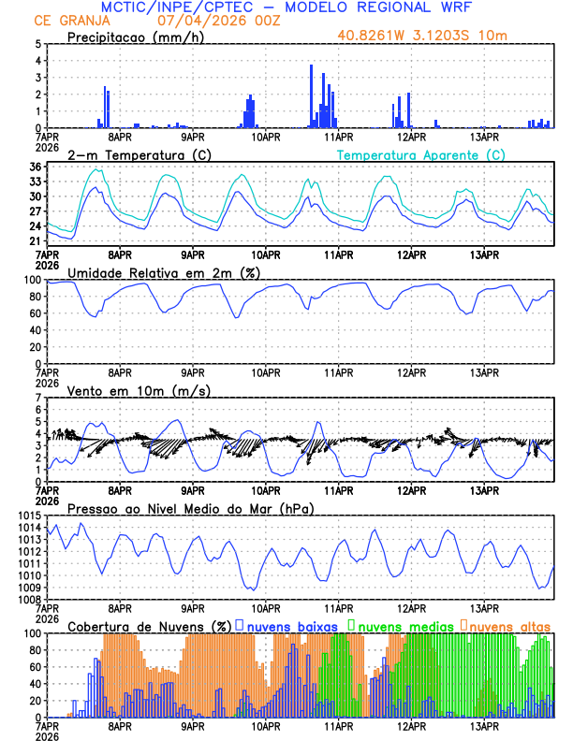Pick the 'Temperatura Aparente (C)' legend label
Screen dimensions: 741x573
[x=420, y=154]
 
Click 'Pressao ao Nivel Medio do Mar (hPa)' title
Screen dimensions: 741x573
[x=190, y=508]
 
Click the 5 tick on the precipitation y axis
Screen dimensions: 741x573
[x=37, y=43]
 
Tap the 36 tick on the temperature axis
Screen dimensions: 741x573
[x=35, y=167]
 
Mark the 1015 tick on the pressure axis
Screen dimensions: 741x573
[x=28, y=516]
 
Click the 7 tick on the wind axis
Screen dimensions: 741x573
[x=37, y=398]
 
